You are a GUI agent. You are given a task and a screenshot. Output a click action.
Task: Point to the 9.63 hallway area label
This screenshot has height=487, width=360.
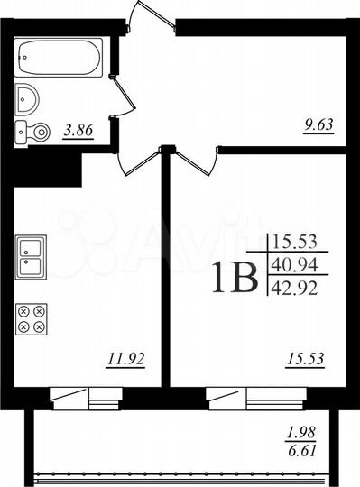[x=318, y=126]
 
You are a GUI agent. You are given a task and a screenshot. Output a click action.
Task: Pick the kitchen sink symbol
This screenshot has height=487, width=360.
[x=32, y=255]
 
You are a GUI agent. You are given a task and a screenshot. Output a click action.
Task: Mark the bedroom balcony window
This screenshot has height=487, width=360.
[x=242, y=394]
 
